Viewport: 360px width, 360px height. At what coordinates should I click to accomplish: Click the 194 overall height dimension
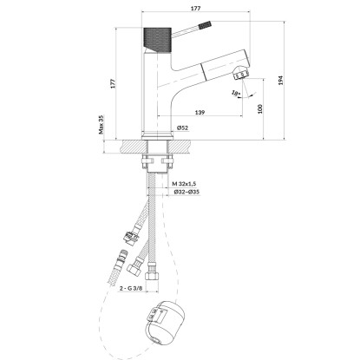280,81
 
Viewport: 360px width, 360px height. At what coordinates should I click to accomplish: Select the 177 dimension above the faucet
196,8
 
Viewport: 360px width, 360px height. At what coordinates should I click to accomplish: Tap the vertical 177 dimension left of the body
113,83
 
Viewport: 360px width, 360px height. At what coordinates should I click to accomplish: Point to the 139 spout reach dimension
200,112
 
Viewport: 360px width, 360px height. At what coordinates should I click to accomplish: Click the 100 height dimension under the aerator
259,108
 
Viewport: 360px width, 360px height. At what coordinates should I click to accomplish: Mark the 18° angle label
236,93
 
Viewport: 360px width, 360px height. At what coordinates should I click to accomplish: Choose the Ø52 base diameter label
183,128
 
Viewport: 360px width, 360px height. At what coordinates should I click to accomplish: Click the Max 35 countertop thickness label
101,125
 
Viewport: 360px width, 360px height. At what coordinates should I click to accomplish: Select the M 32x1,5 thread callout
184,183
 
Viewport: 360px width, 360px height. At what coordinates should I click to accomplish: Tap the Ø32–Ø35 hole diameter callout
187,192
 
